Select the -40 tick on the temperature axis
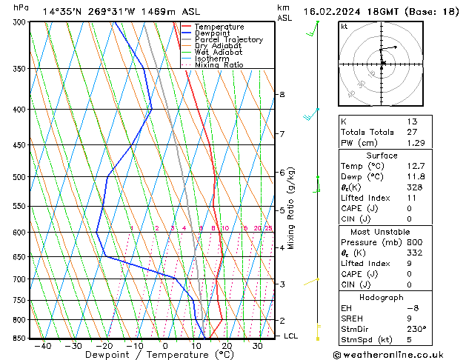coord(43,346)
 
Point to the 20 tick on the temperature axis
coord(227,346)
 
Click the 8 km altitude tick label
coord(282,95)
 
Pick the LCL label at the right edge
coord(291,336)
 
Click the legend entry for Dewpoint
coord(212,33)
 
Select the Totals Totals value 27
coord(412,132)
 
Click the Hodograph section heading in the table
coord(382,297)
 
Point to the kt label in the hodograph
coord(344,26)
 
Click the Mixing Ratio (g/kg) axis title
coord(290,207)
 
